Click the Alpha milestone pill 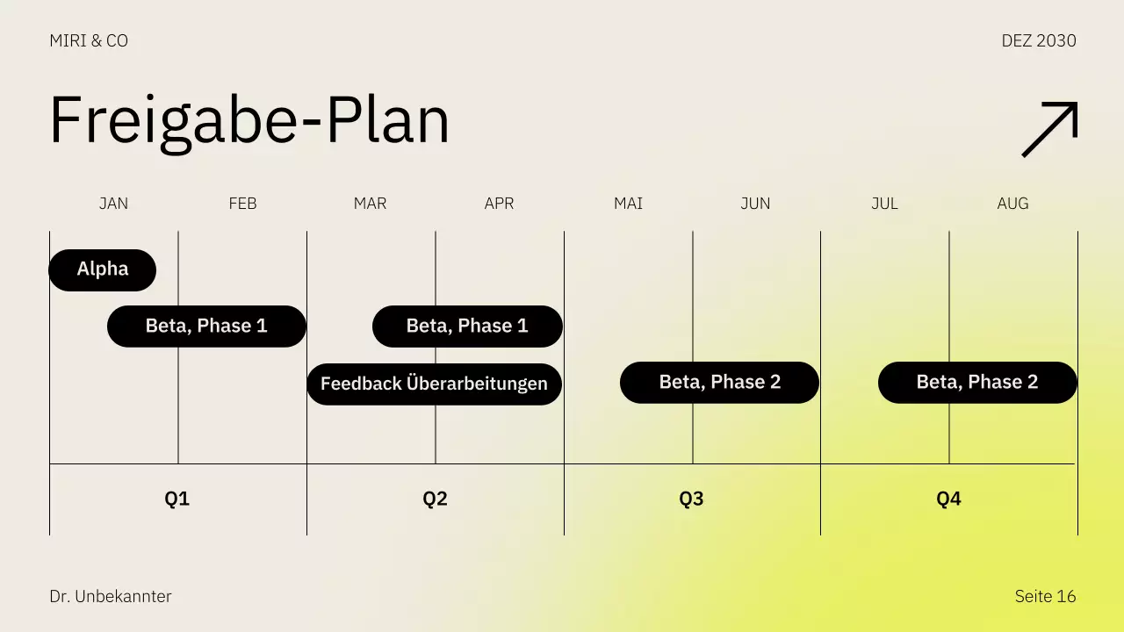(102, 269)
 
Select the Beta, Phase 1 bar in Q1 (206, 327)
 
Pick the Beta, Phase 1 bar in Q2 (467, 327)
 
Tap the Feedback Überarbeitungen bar (434, 384)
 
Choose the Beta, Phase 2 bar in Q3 (719, 383)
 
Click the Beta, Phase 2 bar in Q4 (977, 383)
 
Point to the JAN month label (113, 204)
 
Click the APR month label (499, 204)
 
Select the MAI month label (628, 204)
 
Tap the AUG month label (1012, 204)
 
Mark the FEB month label (242, 204)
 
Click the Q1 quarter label (177, 499)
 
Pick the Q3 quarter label (691, 499)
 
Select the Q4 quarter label (948, 499)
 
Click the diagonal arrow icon (1049, 130)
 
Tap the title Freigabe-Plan (249, 120)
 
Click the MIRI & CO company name (89, 41)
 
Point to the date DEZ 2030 (1039, 41)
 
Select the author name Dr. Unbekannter (111, 597)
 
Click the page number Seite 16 (1045, 597)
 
